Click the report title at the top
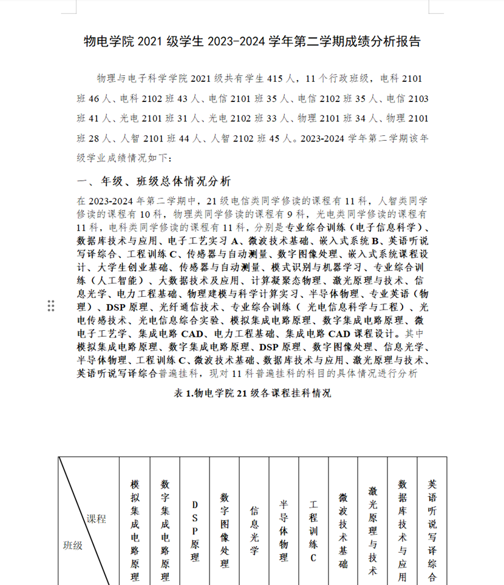[x=251, y=42]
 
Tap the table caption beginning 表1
[x=252, y=393]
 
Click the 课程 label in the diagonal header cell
[x=96, y=519]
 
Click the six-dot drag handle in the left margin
[x=51, y=305]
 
